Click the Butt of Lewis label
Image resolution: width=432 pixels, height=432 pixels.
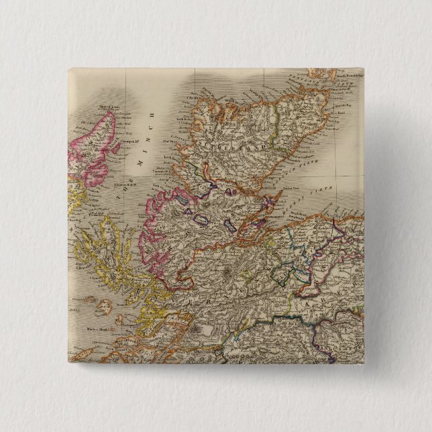point(108,106)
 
